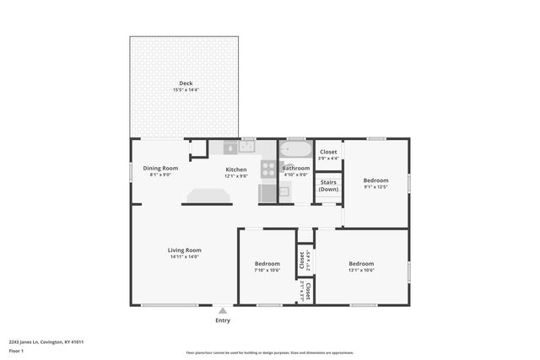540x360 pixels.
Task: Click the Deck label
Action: (185, 83)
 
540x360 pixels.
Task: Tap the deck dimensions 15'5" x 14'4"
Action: (185, 89)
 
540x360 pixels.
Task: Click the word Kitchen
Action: (235, 169)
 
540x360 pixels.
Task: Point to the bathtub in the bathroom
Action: (295, 151)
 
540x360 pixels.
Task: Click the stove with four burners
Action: (268, 169)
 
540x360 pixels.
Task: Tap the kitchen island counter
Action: (208, 196)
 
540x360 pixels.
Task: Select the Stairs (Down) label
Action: (328, 185)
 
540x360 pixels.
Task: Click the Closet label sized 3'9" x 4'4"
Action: (328, 152)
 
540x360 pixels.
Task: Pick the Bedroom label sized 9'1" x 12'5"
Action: (375, 180)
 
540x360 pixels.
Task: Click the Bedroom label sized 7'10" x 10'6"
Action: (267, 264)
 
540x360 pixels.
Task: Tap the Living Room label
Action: (184, 250)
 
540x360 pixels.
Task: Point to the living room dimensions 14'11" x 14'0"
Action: (184, 256)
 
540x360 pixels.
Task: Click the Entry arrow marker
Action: (223, 311)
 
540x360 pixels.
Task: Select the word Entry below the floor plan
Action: (223, 320)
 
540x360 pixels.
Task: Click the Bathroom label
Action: (295, 168)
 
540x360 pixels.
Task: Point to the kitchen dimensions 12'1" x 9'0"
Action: (235, 176)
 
